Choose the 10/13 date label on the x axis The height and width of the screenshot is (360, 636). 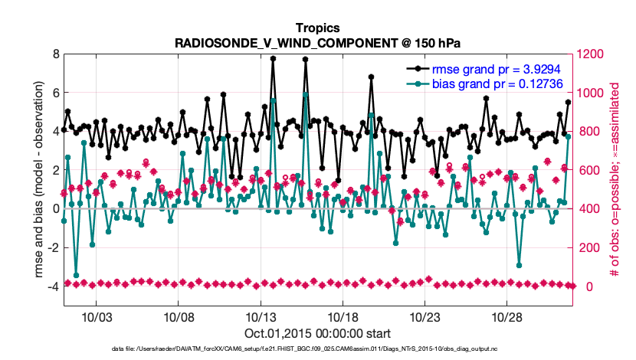(261, 317)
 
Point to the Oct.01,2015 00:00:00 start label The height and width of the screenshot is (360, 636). (318, 334)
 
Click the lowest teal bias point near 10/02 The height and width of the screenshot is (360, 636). (76, 275)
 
